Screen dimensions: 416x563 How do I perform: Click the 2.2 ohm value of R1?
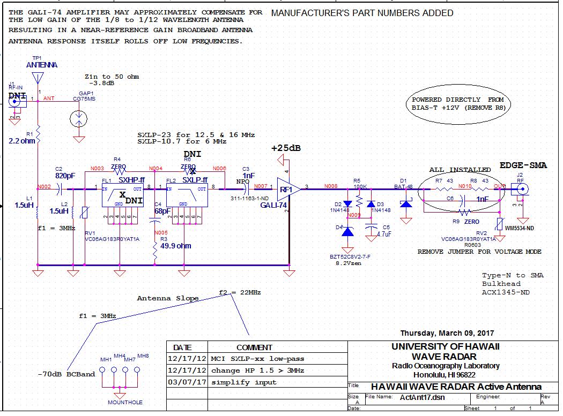coord(22,141)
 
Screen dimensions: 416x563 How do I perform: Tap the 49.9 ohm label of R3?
coord(176,246)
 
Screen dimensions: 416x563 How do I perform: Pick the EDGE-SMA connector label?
coord(523,165)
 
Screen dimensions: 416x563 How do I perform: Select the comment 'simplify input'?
coord(243,382)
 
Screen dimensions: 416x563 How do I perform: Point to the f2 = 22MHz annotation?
coord(240,292)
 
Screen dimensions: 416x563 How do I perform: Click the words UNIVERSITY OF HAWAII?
coord(445,346)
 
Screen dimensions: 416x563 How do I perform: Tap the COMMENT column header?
coord(254,347)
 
